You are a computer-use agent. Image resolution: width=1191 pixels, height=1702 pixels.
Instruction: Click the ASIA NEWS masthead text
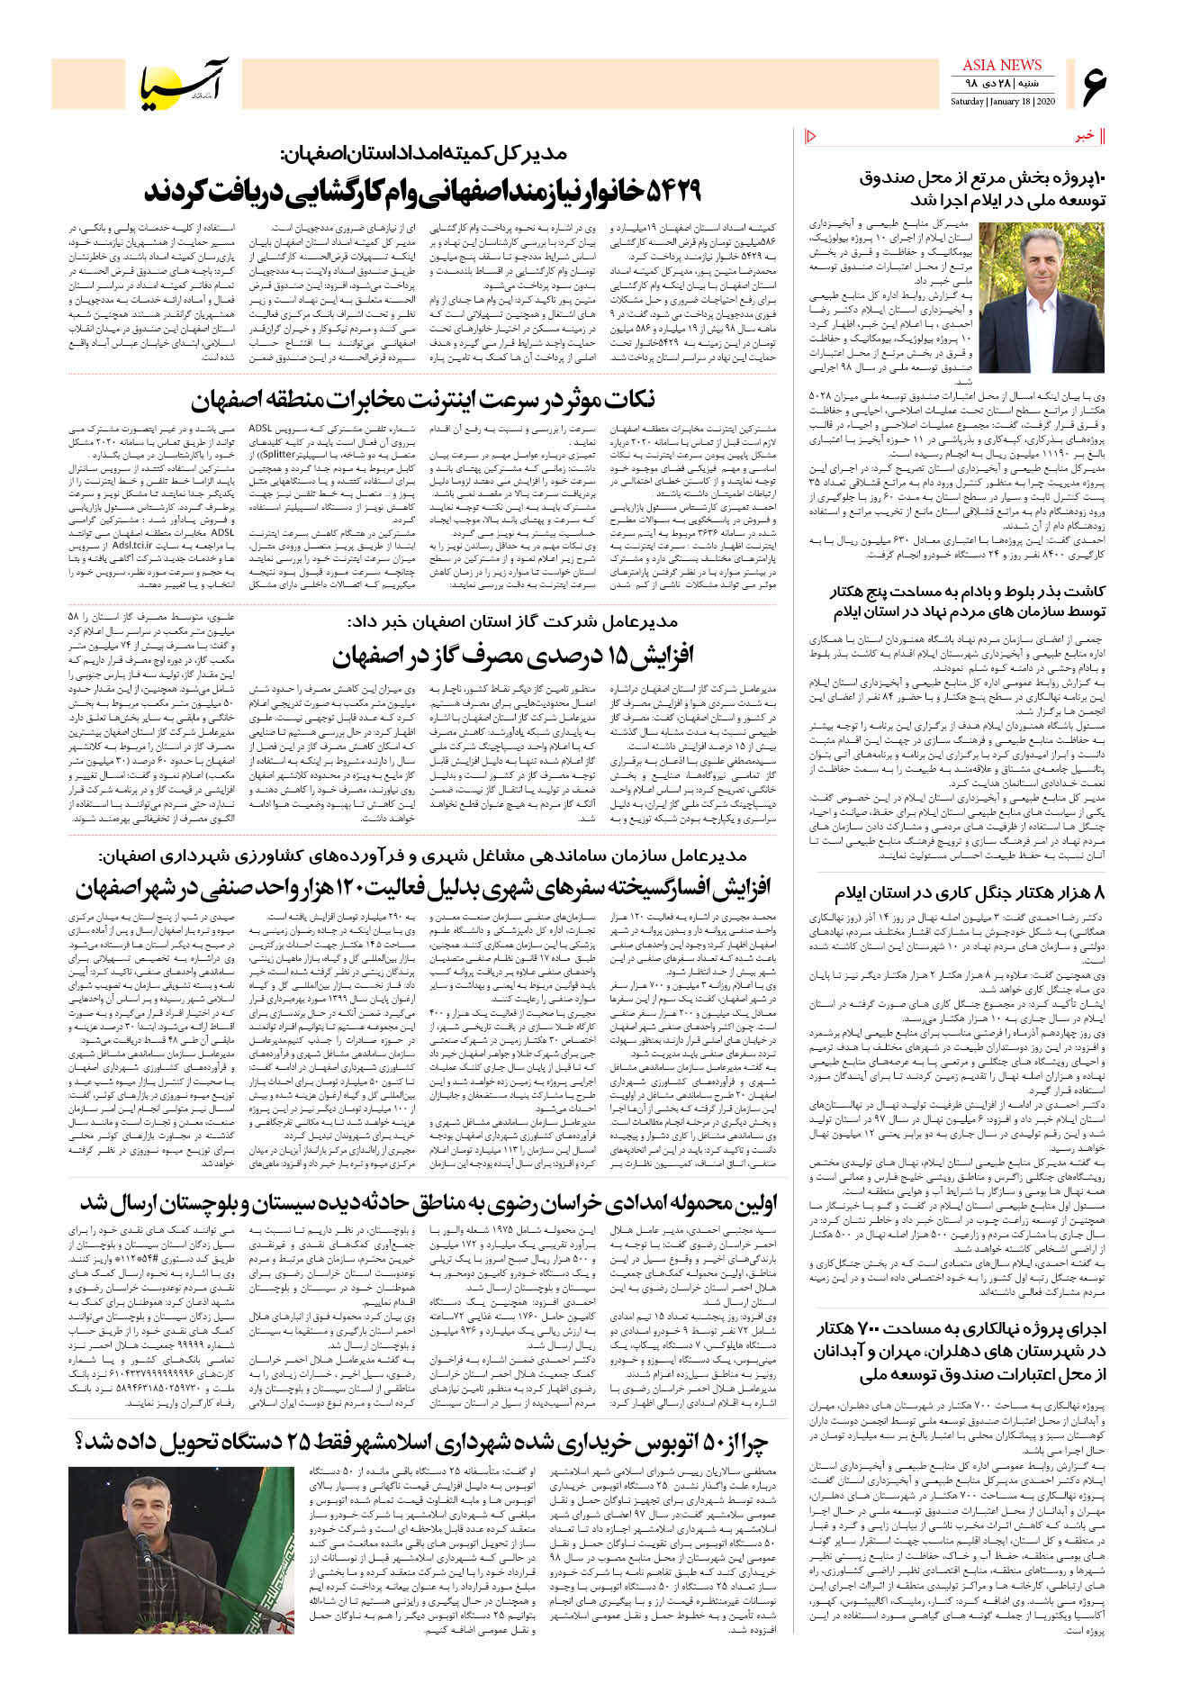[x=1001, y=65]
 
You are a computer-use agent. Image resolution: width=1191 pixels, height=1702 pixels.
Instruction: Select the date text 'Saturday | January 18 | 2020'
[x=1002, y=102]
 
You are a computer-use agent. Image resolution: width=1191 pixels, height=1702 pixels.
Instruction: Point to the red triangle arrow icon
[x=810, y=136]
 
